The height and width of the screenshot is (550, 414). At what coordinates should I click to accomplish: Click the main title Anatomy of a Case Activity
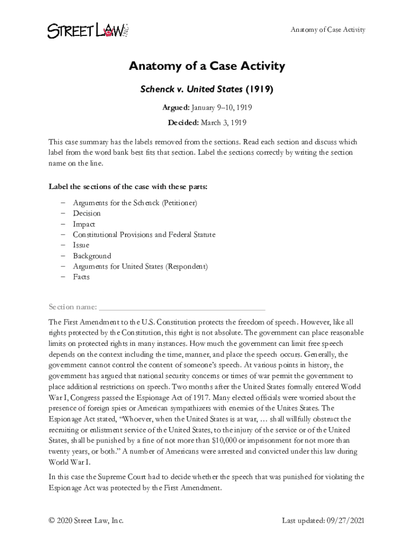point(206,67)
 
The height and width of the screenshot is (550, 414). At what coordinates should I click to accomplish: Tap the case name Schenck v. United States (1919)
point(206,90)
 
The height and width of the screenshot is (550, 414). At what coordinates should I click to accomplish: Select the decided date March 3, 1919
point(223,122)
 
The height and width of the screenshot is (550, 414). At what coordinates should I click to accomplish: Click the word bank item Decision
point(87,213)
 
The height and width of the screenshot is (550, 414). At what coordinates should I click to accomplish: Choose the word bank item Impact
point(84,224)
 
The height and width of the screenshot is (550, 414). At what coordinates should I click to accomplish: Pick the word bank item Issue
point(81,245)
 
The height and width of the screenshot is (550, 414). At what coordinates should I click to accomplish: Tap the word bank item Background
point(92,256)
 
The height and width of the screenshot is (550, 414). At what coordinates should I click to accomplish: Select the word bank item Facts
point(81,277)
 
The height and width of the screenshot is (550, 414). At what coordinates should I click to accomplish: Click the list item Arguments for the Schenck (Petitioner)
point(135,202)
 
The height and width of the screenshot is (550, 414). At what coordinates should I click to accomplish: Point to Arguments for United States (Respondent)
point(140,266)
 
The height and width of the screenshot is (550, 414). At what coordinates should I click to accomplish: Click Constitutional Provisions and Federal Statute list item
point(144,235)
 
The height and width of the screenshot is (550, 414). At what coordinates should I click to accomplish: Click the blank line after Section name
point(182,307)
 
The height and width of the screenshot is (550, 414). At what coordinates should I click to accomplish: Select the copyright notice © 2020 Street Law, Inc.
point(86,520)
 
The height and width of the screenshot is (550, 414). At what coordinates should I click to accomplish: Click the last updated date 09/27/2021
point(345,520)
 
